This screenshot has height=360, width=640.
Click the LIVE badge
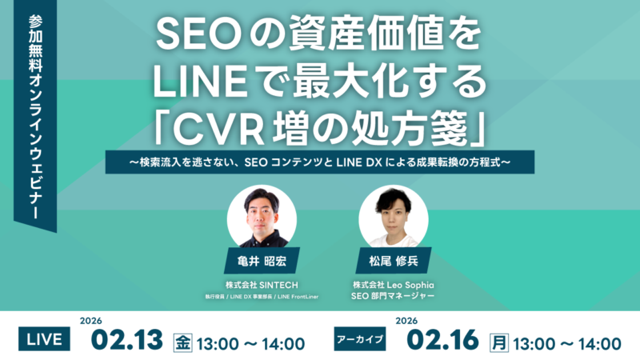coord(45,339)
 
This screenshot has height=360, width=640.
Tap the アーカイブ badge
coord(359,339)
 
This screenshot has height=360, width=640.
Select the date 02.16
coord(443,339)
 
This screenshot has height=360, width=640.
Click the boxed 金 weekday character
coord(183,342)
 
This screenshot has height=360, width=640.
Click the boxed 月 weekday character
coord(499,342)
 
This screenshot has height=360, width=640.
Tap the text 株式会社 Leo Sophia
coord(394,284)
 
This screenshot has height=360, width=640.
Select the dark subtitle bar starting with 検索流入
coord(320,162)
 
